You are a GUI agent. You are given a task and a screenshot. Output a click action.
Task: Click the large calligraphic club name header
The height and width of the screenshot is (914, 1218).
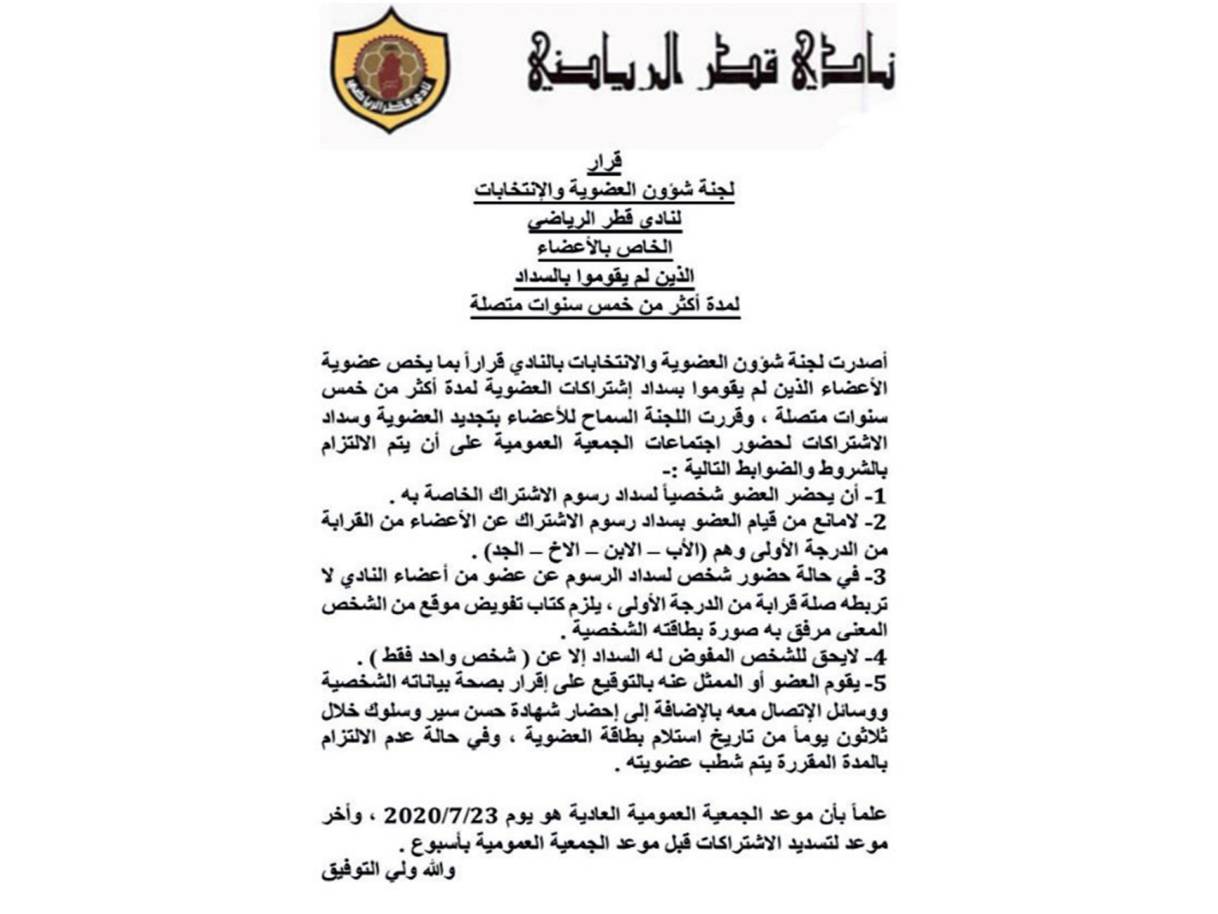tap(710, 61)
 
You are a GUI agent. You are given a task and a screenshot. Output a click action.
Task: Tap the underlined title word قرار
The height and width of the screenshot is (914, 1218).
tap(605, 162)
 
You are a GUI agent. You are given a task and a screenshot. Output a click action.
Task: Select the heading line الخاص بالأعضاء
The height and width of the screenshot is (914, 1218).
tap(605, 247)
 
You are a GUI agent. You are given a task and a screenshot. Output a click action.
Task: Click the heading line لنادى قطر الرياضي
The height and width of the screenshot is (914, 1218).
tap(605, 219)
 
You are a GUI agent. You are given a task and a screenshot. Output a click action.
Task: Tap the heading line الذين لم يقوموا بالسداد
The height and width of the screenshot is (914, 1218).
tap(605, 276)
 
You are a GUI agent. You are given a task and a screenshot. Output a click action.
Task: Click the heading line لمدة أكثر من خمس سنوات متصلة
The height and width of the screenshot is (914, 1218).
tap(605, 305)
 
